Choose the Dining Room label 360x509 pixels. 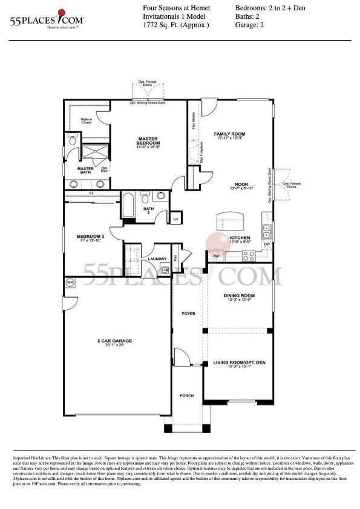[x=235, y=295]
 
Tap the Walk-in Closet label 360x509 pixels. [x=87, y=121]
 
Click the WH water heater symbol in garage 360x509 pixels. [x=70, y=283]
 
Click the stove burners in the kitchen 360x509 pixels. [x=249, y=255]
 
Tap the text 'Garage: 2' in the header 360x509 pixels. [x=250, y=25]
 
